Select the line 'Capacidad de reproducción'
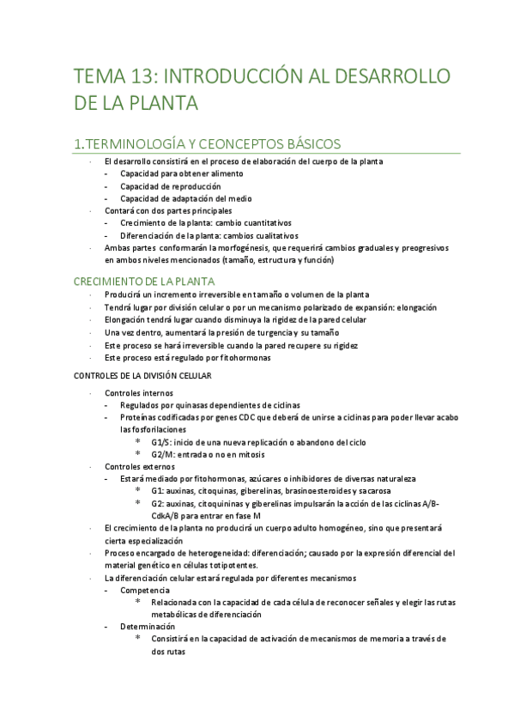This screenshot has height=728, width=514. tap(170, 185)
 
